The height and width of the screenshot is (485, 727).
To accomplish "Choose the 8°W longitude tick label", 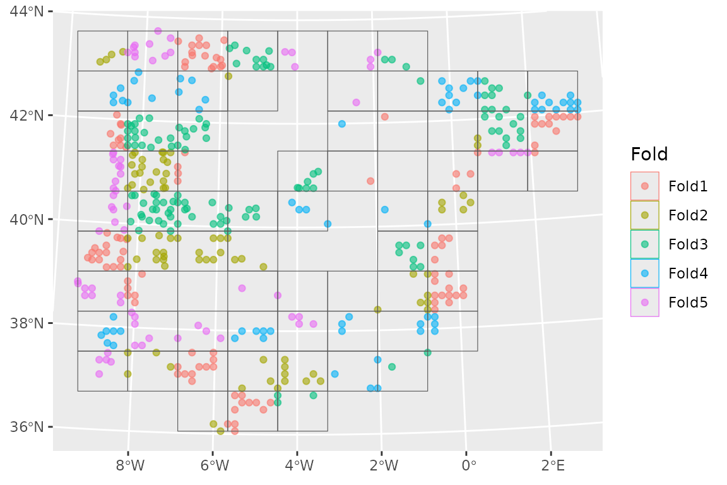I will (x=129, y=467).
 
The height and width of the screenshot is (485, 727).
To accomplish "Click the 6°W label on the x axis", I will (x=213, y=467).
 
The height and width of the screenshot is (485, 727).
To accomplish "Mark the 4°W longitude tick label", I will (x=298, y=467).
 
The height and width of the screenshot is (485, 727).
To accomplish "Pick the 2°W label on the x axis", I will (x=383, y=467).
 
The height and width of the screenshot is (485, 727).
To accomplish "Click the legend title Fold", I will (x=649, y=154).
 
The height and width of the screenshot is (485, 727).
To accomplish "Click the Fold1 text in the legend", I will (x=688, y=186).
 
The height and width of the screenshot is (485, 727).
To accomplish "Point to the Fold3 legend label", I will (x=688, y=244).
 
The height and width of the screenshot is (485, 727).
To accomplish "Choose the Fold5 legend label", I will (x=688, y=302).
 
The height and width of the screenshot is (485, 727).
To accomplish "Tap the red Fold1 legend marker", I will (x=644, y=186).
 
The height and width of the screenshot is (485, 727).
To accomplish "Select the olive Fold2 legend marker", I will (x=644, y=215).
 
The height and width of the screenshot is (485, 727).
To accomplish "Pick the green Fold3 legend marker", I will (x=644, y=244).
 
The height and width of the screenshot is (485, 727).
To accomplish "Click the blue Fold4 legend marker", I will (x=644, y=273).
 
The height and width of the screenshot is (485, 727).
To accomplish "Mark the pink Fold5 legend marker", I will (x=644, y=302).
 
